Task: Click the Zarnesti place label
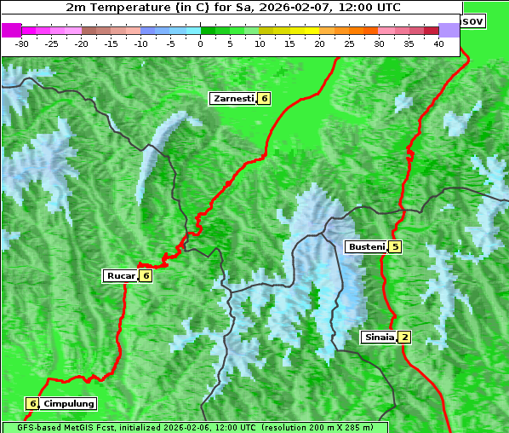pos(233,99)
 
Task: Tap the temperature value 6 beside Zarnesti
pos(264,99)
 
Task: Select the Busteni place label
pos(366,247)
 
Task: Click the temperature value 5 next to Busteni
pos(395,247)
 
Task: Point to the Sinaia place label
pos(379,338)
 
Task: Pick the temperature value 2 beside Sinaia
pos(405,338)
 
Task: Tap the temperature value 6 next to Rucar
pos(146,275)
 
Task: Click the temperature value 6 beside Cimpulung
pos(32,403)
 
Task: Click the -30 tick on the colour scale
pos(22,43)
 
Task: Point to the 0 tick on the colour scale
pos(200,43)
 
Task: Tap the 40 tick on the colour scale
pos(438,43)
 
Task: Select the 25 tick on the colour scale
pos(349,43)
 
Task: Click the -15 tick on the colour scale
pos(112,43)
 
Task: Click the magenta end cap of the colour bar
pos(12,30)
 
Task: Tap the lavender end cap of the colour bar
pos(449,30)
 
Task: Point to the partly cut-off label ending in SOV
pos(472,20)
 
